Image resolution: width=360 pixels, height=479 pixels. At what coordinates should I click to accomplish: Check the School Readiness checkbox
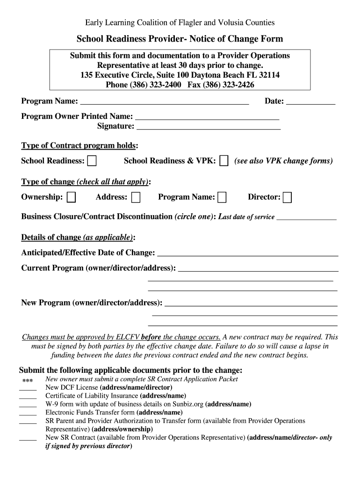pos(92,161)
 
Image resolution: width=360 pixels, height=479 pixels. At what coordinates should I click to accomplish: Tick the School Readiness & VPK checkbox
pos(224,161)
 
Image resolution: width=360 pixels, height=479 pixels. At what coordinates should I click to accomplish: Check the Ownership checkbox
pos(71,197)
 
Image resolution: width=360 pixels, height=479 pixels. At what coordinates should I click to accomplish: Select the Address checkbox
pos(136,197)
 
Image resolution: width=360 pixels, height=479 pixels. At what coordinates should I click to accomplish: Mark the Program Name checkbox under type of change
pos(222,197)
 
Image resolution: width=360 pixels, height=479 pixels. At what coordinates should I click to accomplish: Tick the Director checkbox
pos(288,197)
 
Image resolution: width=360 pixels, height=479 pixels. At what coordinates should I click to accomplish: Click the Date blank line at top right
pos(310,102)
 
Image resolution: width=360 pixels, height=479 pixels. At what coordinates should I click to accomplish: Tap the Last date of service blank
pos(307,218)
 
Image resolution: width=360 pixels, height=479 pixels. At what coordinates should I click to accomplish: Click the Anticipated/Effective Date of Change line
pos(247,254)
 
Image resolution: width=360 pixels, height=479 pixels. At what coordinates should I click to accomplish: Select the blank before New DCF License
pos(28,388)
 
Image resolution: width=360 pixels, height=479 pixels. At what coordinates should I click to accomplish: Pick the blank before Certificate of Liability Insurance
pos(28,396)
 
